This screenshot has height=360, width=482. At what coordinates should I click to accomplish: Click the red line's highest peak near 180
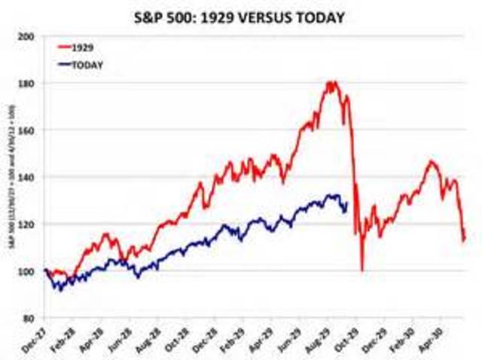click(331, 82)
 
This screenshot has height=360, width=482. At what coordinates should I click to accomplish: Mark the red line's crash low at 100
click(362, 270)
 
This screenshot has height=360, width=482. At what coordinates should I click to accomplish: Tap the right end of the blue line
click(346, 203)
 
